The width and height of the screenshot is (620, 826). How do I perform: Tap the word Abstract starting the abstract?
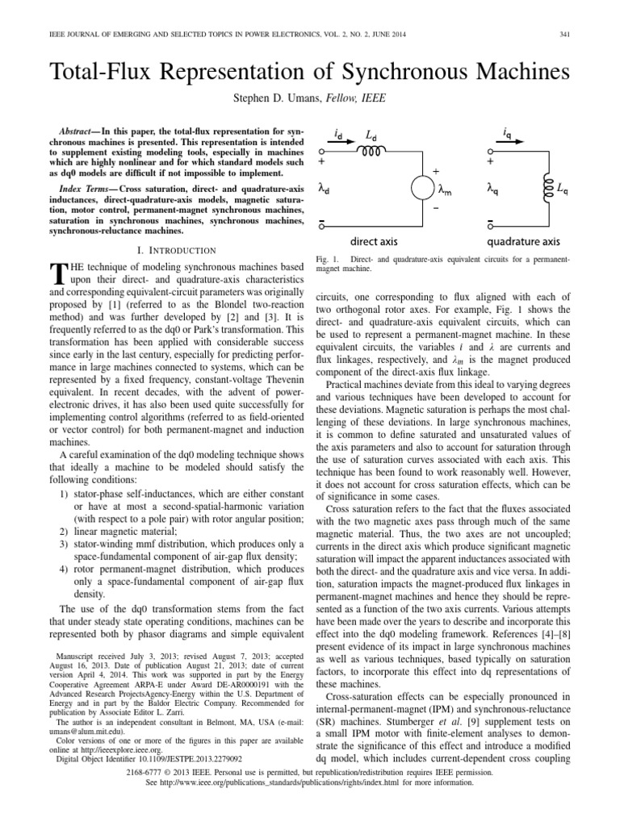[82, 131]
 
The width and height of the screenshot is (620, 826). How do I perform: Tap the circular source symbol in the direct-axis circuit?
[423, 190]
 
